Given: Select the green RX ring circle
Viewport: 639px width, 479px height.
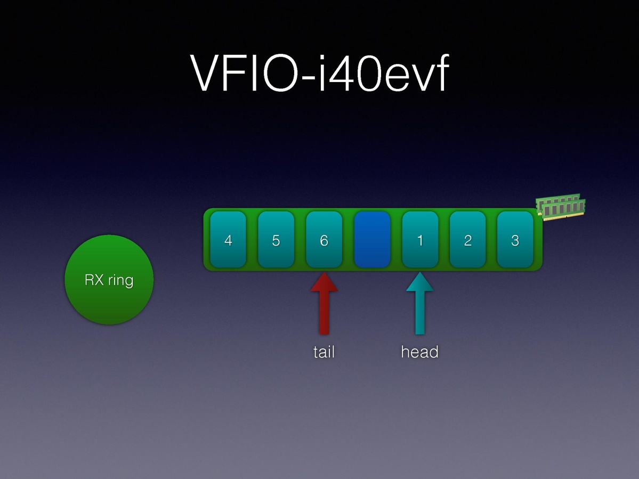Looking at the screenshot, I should coord(109,280).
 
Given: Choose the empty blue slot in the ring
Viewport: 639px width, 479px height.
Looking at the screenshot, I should coord(372,240).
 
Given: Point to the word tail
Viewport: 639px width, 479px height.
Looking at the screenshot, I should coord(324,352).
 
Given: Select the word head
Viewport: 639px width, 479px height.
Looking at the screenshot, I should coord(420,352).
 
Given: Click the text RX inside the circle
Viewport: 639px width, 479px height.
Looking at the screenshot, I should coord(94,280).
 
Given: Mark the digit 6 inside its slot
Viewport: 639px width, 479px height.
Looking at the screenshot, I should coord(324,240).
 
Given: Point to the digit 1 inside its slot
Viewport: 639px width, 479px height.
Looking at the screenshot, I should coord(420,240).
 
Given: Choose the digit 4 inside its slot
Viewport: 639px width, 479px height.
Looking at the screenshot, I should coord(228,240).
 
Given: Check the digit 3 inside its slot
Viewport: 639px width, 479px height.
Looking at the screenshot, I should coord(515,240).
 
